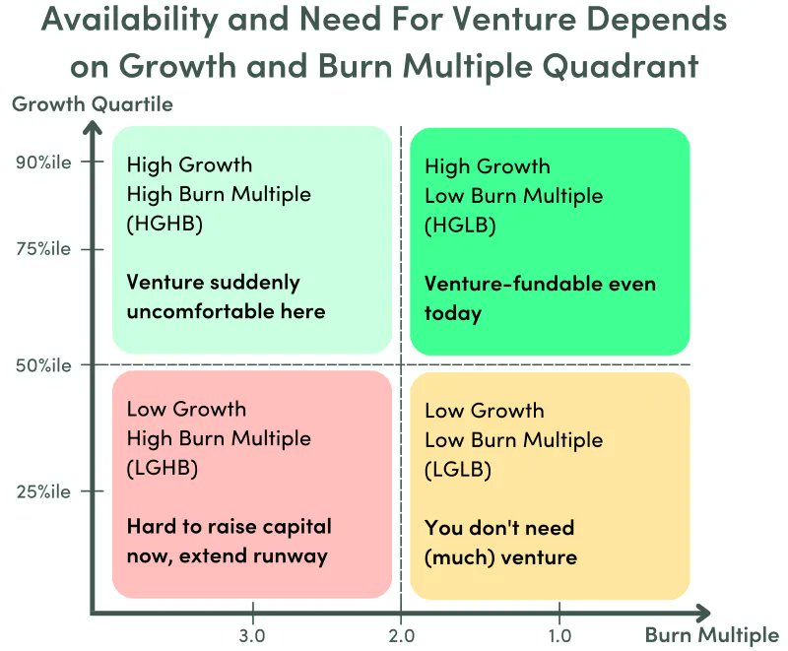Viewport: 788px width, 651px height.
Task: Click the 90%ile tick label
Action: (x=43, y=163)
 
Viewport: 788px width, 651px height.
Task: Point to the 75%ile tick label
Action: (x=43, y=249)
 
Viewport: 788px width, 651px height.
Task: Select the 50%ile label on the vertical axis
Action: (x=43, y=365)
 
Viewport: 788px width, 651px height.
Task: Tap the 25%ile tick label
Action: (x=43, y=491)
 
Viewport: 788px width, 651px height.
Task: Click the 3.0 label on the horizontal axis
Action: (x=253, y=635)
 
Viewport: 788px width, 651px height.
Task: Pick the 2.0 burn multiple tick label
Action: (x=401, y=635)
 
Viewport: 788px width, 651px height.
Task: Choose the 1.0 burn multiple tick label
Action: (x=559, y=635)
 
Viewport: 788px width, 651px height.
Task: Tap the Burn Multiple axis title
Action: (x=711, y=635)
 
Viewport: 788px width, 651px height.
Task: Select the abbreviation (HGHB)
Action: (x=164, y=224)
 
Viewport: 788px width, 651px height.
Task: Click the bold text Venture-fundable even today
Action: (x=540, y=298)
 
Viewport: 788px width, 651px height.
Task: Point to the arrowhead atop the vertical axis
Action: (x=92, y=128)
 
